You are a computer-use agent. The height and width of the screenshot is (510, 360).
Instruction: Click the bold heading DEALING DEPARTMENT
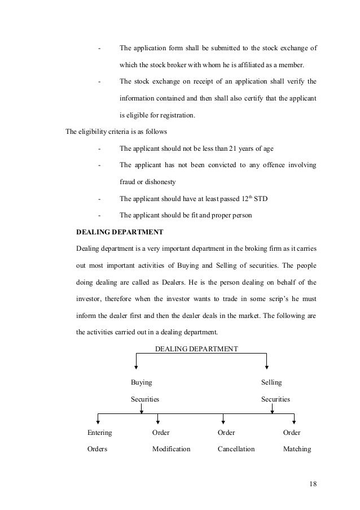(x=120, y=232)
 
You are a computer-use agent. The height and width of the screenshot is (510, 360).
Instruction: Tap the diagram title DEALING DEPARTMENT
(x=196, y=348)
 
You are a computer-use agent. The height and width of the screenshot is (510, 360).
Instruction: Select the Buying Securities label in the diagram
(x=145, y=390)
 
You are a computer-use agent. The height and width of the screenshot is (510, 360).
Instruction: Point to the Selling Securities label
(x=275, y=390)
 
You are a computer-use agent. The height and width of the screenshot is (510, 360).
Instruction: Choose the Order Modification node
(x=171, y=441)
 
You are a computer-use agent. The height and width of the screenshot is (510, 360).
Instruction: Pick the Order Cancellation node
(x=236, y=441)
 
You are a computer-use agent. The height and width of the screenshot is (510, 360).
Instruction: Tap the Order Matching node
(x=296, y=441)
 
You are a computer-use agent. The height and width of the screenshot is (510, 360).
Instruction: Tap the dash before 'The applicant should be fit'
(x=99, y=215)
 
